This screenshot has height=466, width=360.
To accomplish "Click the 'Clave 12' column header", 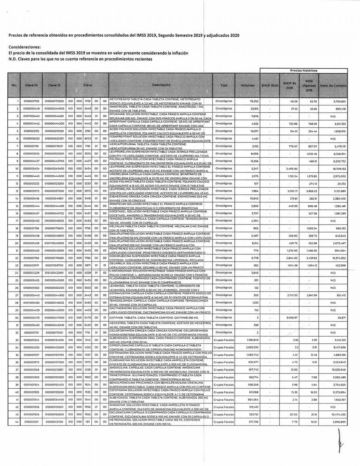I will tap(54, 85).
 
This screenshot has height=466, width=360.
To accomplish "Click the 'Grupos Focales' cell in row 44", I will tap(224, 421).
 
